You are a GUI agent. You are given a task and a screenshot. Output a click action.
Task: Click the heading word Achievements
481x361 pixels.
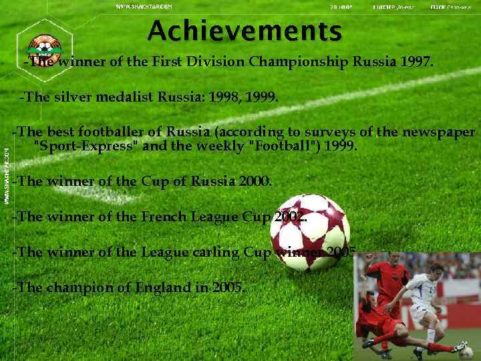click(245, 30)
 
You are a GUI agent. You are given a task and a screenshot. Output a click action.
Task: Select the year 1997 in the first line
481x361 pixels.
click(416, 63)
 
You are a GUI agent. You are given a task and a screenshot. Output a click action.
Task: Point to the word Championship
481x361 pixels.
click(298, 63)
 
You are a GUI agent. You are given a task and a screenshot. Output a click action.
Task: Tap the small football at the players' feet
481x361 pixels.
click(461, 348)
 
